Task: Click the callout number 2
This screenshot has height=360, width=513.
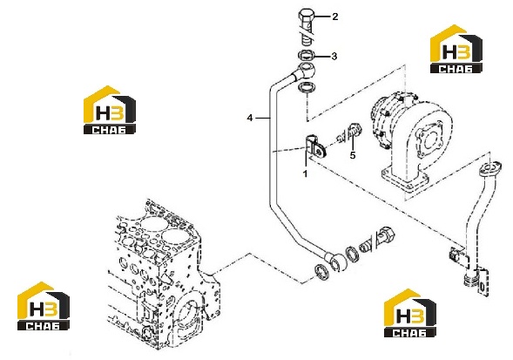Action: point(334,17)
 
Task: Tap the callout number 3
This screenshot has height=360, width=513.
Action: point(334,57)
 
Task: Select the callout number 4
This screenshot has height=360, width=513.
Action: point(250,118)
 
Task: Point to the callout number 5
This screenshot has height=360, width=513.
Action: point(353,155)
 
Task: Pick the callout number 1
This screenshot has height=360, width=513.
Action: point(305,173)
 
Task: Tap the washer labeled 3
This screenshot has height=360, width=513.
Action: point(307,56)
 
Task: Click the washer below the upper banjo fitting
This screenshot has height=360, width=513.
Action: point(307,88)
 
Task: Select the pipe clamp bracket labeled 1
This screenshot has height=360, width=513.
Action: point(314,146)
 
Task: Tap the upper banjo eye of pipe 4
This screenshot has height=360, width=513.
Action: point(305,71)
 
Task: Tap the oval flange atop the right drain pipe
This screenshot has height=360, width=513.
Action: point(490,169)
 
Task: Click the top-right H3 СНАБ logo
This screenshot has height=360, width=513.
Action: point(456,49)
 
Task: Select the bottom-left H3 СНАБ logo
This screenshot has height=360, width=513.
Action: point(44,306)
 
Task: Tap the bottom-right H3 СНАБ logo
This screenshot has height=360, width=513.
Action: point(410,313)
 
